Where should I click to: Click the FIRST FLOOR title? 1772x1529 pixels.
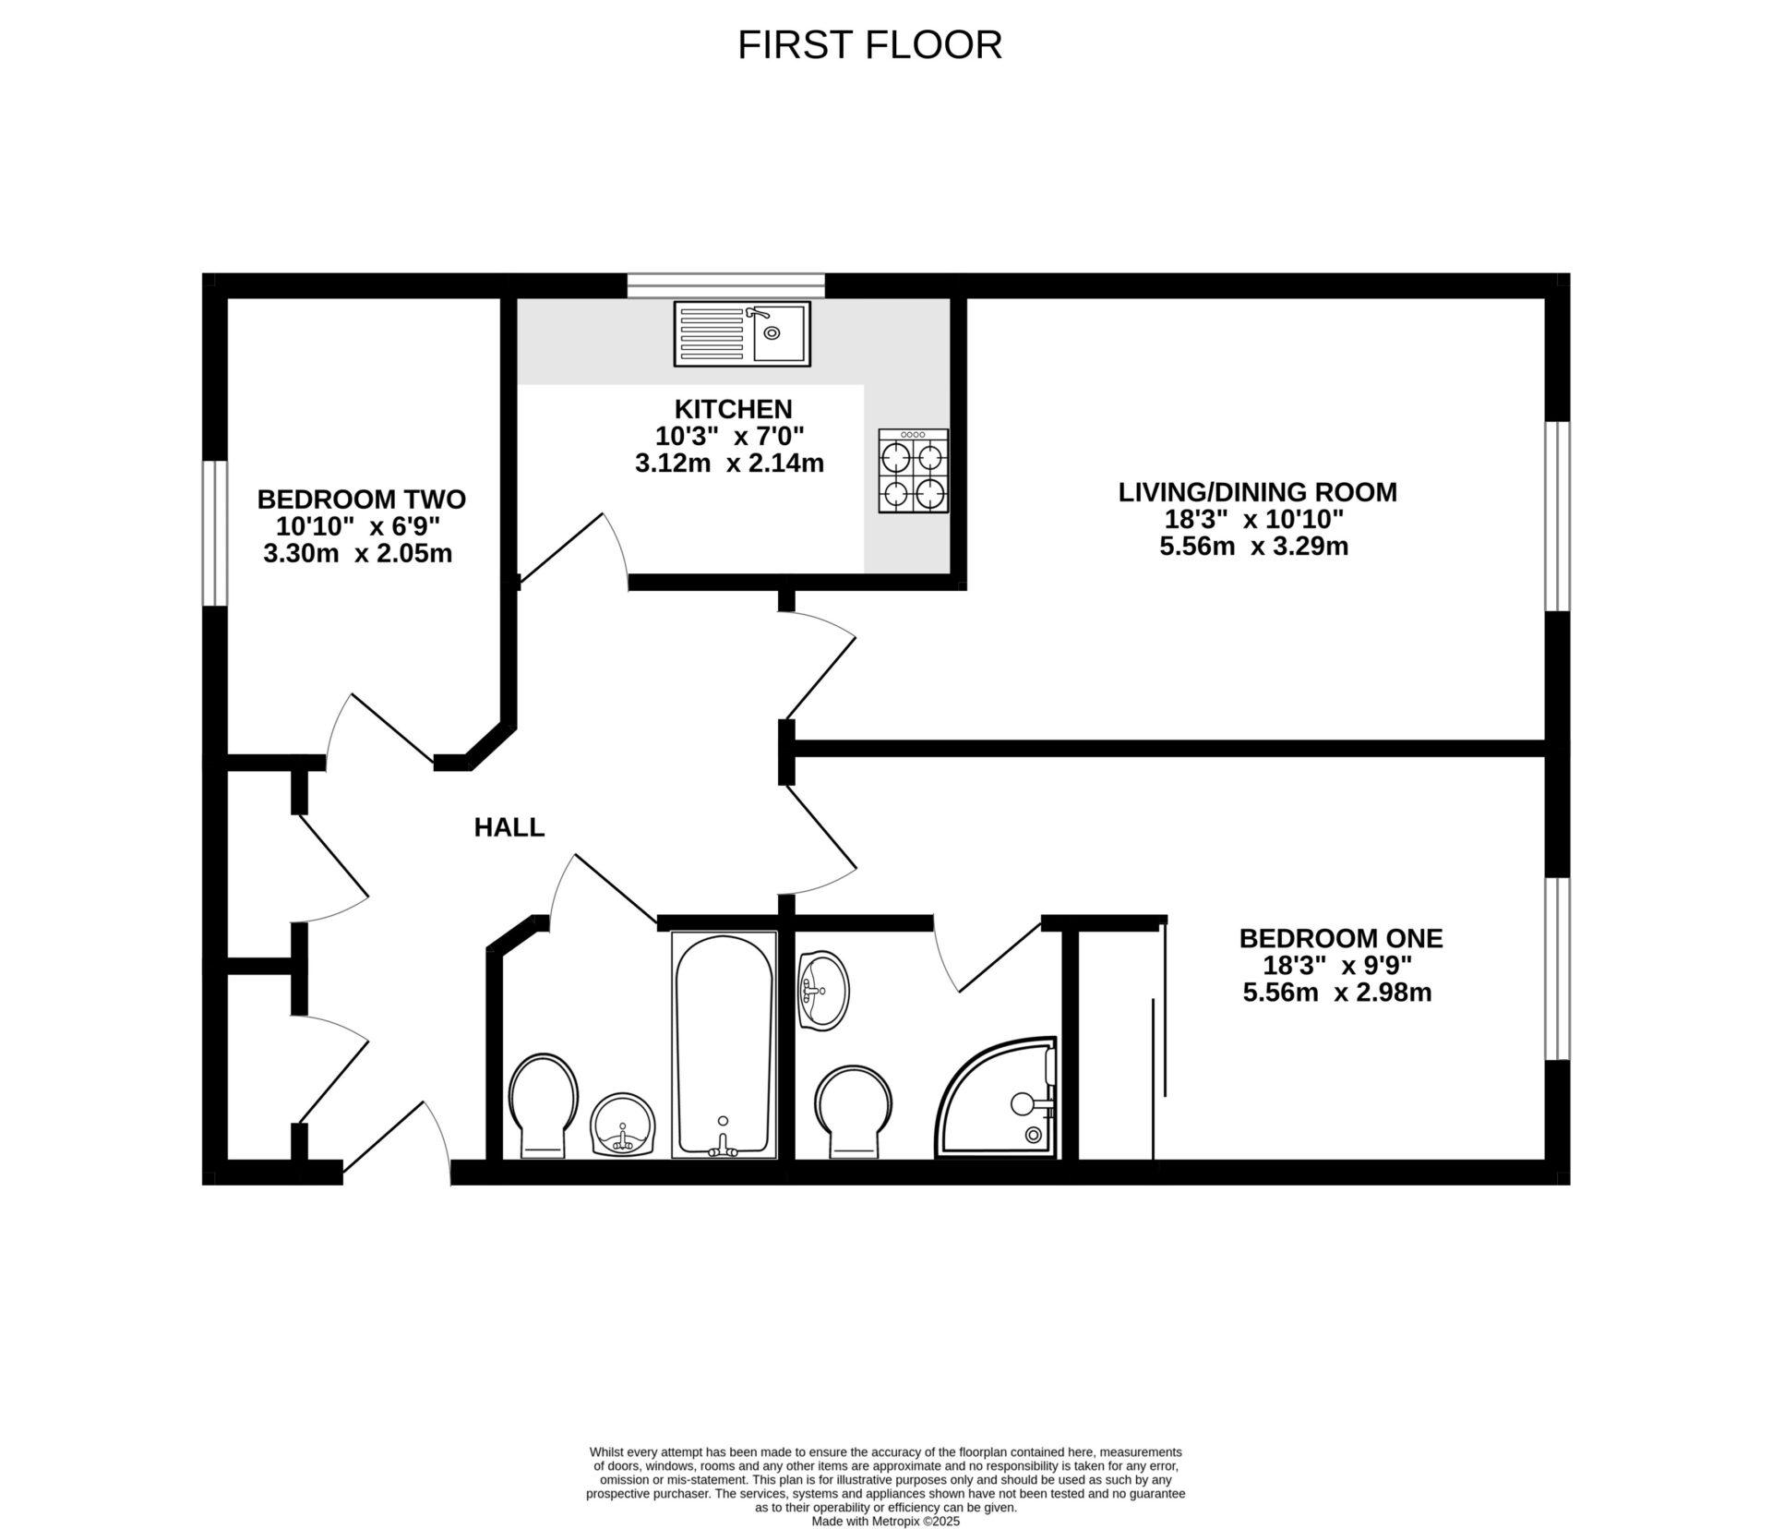(x=869, y=45)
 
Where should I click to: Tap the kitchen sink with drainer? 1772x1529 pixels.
(x=742, y=332)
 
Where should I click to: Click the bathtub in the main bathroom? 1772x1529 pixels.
(x=724, y=1044)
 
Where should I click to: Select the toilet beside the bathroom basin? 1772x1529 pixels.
(x=544, y=1106)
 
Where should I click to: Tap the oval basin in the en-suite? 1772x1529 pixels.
(x=821, y=991)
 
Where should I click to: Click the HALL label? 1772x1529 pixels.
(x=509, y=827)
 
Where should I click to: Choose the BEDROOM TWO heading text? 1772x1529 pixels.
(x=361, y=500)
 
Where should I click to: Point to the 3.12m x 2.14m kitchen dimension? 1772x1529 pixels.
(x=729, y=463)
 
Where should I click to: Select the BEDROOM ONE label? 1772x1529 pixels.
(x=1340, y=938)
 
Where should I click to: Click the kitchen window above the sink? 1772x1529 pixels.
(x=725, y=284)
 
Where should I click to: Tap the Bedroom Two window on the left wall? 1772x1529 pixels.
(x=215, y=533)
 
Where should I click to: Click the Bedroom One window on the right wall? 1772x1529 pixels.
(x=1557, y=968)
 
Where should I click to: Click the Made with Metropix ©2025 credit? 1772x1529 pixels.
(x=885, y=1521)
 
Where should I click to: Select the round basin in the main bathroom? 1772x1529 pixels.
(x=622, y=1126)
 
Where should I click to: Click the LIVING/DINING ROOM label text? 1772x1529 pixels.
(x=1257, y=492)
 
